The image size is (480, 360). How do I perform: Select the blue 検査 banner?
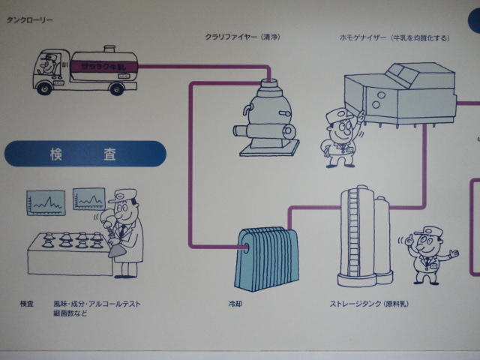click(x=85, y=154)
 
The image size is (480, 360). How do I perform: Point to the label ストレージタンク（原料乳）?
click(x=368, y=305)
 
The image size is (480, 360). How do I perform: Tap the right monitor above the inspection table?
click(x=88, y=199)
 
